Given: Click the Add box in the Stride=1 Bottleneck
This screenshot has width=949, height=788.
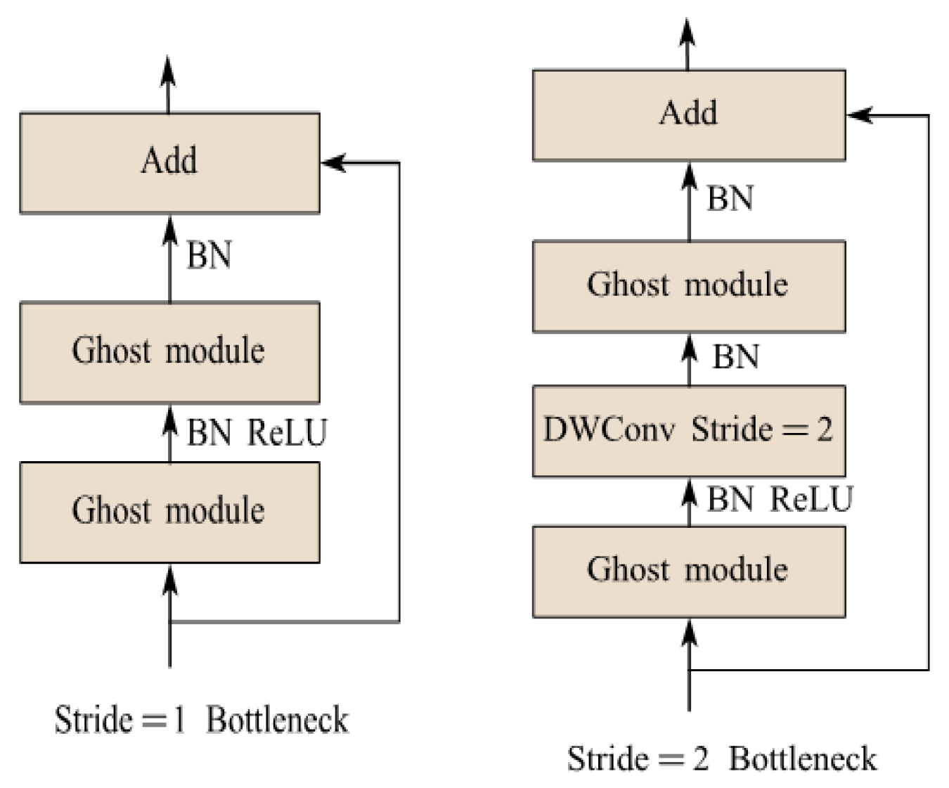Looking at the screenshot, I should point(169,162).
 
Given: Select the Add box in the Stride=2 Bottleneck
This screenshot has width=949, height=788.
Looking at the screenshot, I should point(688,115).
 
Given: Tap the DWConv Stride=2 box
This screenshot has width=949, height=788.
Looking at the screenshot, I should point(688,430).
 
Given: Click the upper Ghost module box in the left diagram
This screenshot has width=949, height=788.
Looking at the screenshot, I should point(169,351).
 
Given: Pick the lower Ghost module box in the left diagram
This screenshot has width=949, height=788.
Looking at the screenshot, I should point(169,511).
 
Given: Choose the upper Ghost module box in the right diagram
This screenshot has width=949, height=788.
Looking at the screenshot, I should point(688,286).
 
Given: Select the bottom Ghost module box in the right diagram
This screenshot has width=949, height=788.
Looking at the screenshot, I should point(688,571).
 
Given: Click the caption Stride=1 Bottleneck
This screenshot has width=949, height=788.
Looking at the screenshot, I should point(201,720).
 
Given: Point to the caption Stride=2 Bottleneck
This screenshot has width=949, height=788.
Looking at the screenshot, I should point(722,759).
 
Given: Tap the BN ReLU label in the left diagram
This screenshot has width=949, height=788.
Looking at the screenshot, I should point(257,432).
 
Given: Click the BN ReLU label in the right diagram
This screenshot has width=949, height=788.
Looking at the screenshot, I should point(779,500).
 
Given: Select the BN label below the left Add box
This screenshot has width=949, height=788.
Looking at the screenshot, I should point(209,255).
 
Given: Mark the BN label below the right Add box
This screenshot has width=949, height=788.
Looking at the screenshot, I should point(730,198).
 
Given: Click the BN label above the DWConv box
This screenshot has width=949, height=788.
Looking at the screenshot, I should point(735,357).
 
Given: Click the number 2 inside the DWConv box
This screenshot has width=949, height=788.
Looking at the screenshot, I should point(824,429).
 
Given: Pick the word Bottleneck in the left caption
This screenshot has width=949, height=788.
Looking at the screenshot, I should point(277,720).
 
